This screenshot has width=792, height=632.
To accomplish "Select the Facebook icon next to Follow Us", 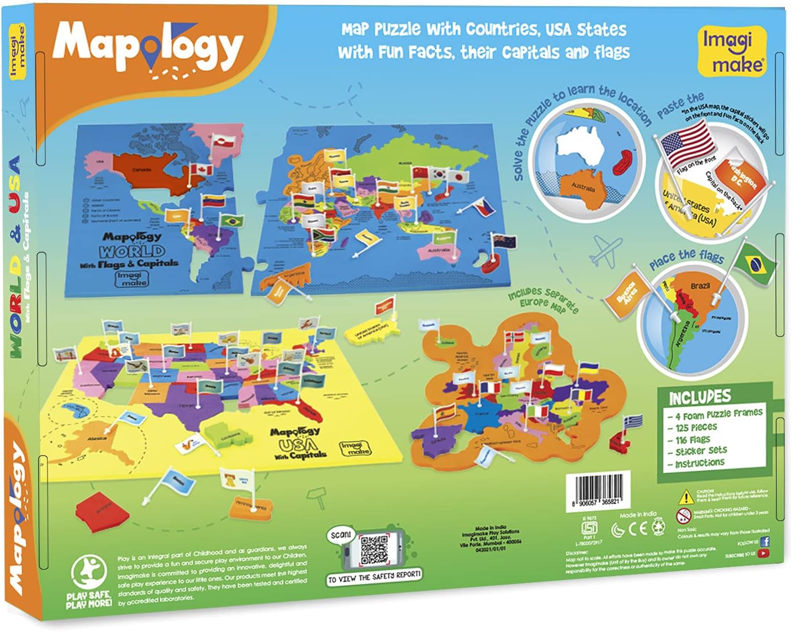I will (764, 542).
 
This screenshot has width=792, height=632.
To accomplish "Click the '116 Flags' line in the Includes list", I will (693, 440).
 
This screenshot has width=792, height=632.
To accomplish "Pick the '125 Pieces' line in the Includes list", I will (696, 427).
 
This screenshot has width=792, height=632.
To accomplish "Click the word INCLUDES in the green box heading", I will (699, 396).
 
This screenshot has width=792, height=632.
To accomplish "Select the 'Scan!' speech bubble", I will (341, 535).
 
